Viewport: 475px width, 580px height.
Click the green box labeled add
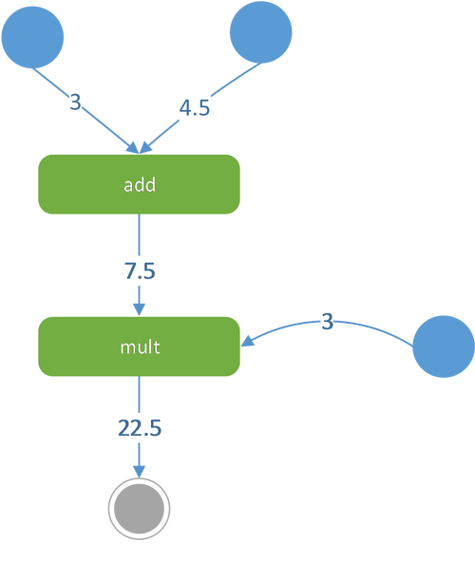tap(140, 184)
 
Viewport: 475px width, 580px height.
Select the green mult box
tap(140, 346)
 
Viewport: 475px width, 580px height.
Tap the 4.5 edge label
tap(195, 107)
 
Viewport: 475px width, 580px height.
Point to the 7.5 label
tap(140, 271)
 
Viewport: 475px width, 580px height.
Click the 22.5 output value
tap(140, 428)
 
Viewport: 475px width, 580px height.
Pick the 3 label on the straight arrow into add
tap(75, 102)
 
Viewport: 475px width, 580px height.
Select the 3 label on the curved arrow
tap(328, 322)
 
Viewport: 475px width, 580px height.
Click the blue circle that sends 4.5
tap(260, 32)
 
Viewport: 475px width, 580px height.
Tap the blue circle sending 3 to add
tap(32, 37)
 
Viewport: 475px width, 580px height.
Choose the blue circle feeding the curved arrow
tap(444, 346)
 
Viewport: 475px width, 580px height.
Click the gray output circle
tap(140, 509)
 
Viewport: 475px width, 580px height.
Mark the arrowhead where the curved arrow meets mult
tap(247, 341)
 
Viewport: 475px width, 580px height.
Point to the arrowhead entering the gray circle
tap(140, 472)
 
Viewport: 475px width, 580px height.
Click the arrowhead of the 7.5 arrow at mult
tap(140, 309)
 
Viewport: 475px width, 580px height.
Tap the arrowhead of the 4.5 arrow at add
tap(145, 147)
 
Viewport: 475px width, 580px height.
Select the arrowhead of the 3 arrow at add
tap(133, 147)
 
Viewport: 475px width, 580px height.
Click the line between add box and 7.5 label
tap(140, 234)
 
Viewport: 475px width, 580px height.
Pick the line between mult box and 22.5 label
tap(140, 394)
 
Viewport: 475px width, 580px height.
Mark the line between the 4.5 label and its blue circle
tap(236, 80)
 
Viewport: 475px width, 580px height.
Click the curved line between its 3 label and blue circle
tap(374, 328)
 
